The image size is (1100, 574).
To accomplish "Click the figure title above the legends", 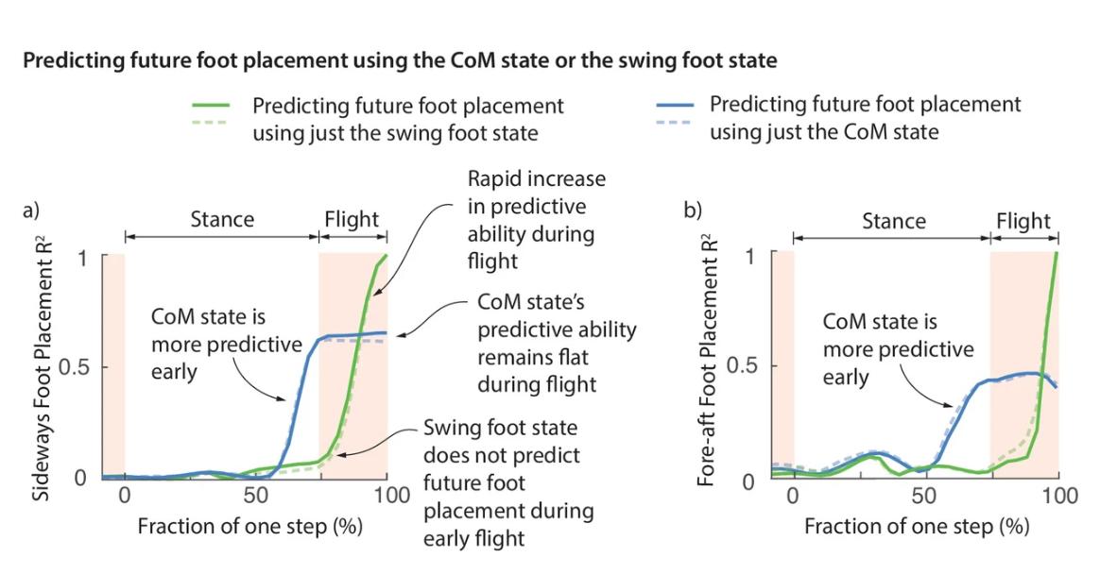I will pos(399,61).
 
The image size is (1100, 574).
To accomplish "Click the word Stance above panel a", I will pos(223,219).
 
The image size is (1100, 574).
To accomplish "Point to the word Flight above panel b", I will pos(1023,221).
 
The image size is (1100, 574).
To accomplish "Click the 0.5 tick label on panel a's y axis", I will pos(75,367).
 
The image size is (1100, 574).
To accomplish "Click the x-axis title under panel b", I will pos(917,526).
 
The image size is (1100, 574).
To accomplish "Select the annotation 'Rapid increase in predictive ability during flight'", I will pos(538,219).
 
